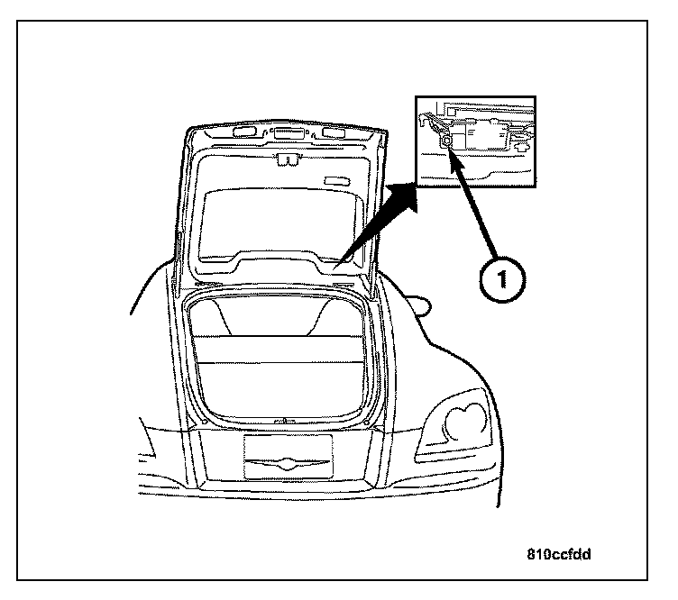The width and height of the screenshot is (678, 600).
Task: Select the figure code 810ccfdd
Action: (x=558, y=554)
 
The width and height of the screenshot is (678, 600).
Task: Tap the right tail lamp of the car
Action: (x=461, y=420)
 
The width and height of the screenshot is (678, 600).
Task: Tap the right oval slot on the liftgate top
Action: (x=333, y=134)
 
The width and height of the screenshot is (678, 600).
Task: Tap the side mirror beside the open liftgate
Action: (x=421, y=307)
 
